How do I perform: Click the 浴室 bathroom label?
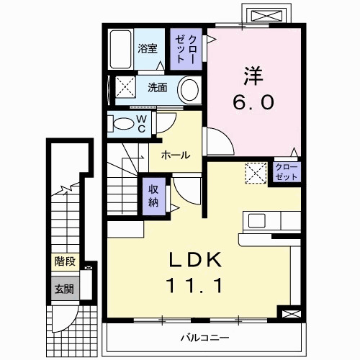148,50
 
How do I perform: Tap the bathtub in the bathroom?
121,49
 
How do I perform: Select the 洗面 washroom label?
157,88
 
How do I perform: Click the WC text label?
142,122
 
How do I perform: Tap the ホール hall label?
176,155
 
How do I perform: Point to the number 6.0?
253,102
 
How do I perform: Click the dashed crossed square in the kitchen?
255,173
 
